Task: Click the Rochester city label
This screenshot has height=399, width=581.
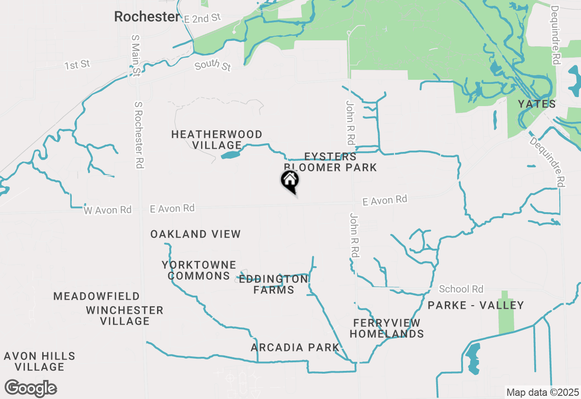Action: click(x=147, y=17)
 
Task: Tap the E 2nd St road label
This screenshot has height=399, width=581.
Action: click(x=202, y=18)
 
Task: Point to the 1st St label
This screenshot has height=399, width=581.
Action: click(x=77, y=65)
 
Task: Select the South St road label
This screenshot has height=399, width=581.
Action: click(x=213, y=65)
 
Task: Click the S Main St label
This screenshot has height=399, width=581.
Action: click(x=135, y=55)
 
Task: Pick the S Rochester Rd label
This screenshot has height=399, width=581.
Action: click(x=139, y=135)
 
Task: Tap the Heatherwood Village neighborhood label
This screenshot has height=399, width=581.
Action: click(x=217, y=140)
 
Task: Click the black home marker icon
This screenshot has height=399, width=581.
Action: click(x=290, y=181)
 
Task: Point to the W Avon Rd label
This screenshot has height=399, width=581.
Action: click(x=108, y=210)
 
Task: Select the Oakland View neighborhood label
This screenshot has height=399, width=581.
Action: click(x=196, y=234)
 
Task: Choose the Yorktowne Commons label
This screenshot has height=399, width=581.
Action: click(x=199, y=270)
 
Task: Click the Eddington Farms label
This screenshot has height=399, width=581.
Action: click(x=274, y=284)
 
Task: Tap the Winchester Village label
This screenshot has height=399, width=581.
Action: click(x=125, y=316)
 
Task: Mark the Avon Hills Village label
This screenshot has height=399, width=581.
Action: click(x=39, y=361)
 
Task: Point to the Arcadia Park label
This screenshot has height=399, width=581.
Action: click(x=295, y=348)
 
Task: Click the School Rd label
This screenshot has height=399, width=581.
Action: click(x=461, y=289)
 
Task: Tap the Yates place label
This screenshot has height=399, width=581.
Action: click(x=537, y=104)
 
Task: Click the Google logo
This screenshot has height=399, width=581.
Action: click(x=31, y=389)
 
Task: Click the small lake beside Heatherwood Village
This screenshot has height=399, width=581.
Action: click(x=231, y=155)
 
